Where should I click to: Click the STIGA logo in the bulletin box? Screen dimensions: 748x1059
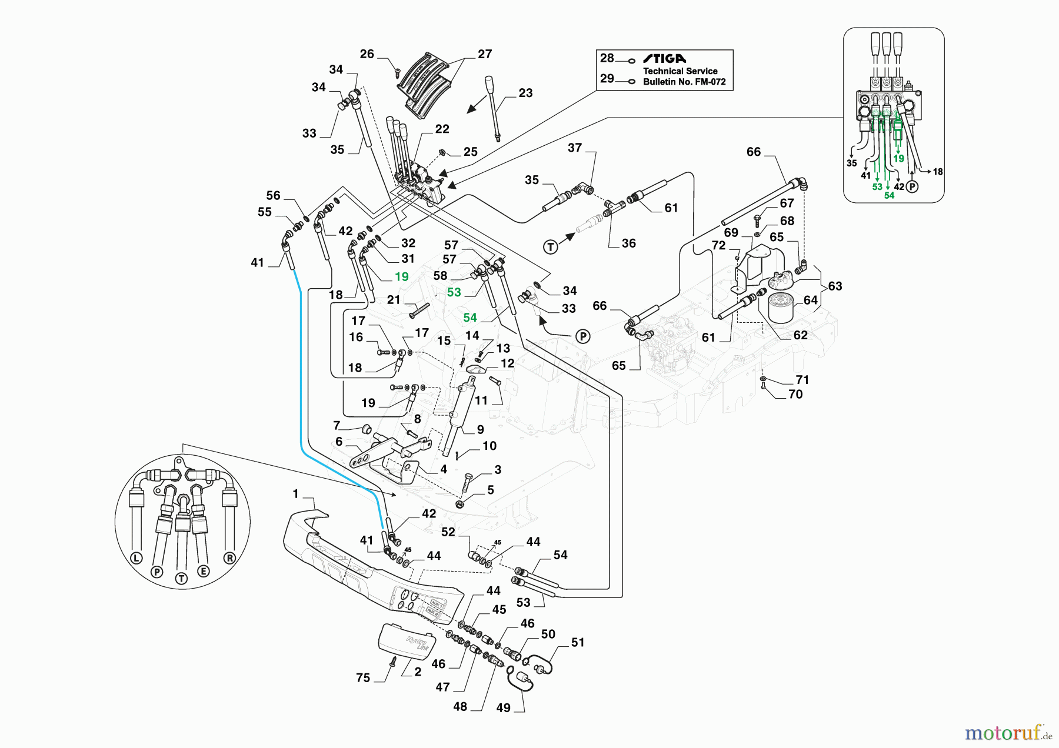pyautogui.click(x=664, y=58)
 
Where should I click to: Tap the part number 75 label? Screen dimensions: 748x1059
pyautogui.click(x=363, y=678)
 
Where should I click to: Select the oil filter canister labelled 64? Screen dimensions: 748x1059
pyautogui.click(x=781, y=308)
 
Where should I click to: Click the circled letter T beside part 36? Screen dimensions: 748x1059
pyautogui.click(x=551, y=247)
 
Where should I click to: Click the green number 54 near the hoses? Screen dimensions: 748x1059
pyautogui.click(x=470, y=318)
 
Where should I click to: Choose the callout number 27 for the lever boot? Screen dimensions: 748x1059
pyautogui.click(x=485, y=54)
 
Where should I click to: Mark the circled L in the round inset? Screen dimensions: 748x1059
pyautogui.click(x=136, y=558)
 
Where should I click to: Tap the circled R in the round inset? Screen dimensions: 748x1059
pyautogui.click(x=229, y=558)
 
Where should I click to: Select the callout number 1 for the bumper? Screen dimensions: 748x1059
pyautogui.click(x=295, y=494)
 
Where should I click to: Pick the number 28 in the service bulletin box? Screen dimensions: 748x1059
pyautogui.click(x=607, y=58)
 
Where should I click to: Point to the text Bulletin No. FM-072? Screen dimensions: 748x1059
pyautogui.click(x=684, y=82)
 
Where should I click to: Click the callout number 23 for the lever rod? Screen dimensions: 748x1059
pyautogui.click(x=525, y=93)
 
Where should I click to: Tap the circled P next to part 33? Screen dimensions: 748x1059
pyautogui.click(x=582, y=336)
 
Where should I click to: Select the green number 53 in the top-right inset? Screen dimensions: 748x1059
pyautogui.click(x=877, y=187)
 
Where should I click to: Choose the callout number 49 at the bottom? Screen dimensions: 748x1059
pyautogui.click(x=504, y=708)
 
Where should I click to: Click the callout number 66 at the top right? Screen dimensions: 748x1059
pyautogui.click(x=754, y=152)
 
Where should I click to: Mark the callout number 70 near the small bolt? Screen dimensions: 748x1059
pyautogui.click(x=795, y=395)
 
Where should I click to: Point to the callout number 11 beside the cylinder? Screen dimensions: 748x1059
pyautogui.click(x=481, y=400)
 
